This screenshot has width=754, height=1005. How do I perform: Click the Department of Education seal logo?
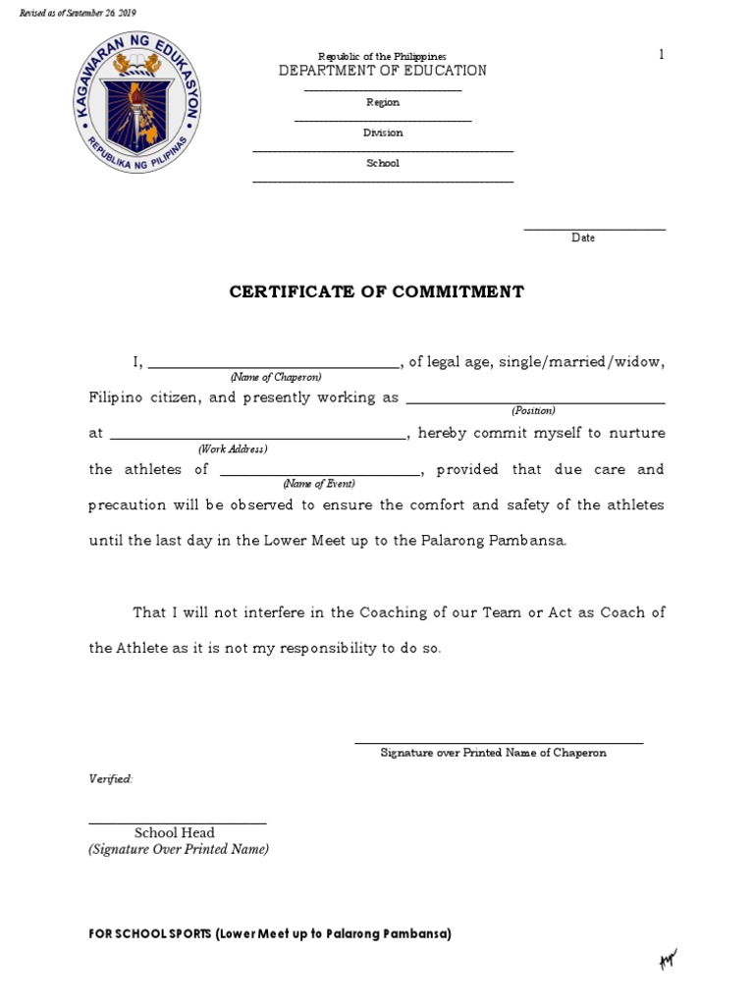point(137,109)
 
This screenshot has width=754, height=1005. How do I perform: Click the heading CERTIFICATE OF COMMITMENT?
point(377,291)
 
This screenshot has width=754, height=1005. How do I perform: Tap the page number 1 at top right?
point(662,55)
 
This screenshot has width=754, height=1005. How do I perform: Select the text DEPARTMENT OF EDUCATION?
point(383,71)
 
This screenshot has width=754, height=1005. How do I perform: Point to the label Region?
point(383,102)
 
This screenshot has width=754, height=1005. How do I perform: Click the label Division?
point(383,132)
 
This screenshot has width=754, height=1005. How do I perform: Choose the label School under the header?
point(383,163)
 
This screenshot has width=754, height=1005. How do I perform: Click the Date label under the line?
point(583,238)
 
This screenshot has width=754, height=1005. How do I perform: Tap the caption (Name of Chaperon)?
point(276,377)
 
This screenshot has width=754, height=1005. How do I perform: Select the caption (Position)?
point(533,410)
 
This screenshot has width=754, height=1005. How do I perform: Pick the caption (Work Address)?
point(233,449)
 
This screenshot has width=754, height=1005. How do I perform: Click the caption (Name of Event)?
point(319,484)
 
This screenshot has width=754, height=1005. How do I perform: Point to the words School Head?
point(175,832)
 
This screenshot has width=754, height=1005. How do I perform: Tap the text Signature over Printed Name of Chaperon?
point(493,753)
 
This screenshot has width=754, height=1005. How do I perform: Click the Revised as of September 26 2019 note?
point(79,13)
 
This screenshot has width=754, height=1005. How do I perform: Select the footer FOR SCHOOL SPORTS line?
point(270,934)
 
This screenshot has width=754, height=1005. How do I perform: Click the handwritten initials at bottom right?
point(669,959)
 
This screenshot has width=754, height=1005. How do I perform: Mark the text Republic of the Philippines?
point(382,57)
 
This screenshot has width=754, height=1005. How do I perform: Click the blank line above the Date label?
point(594,230)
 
